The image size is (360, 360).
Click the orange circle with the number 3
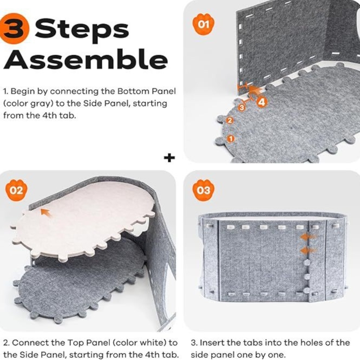click(14, 29)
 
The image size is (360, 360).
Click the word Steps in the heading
click(82, 30)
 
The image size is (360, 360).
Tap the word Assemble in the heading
click(85, 59)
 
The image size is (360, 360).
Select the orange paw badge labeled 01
click(203, 24)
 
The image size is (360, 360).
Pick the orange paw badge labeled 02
click(16, 190)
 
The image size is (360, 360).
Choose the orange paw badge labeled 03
click(203, 190)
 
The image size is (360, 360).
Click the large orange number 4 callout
click(261, 102)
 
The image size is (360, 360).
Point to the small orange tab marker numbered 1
click(231, 139)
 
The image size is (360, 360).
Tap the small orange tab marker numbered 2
click(230, 120)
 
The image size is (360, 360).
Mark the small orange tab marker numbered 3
click(241, 107)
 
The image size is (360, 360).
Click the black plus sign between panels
click(169, 158)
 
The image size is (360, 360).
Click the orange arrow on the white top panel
click(46, 213)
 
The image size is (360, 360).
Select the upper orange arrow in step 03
click(308, 237)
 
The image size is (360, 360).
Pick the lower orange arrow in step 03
click(308, 251)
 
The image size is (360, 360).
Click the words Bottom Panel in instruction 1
click(147, 91)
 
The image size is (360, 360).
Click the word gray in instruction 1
click(42, 104)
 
